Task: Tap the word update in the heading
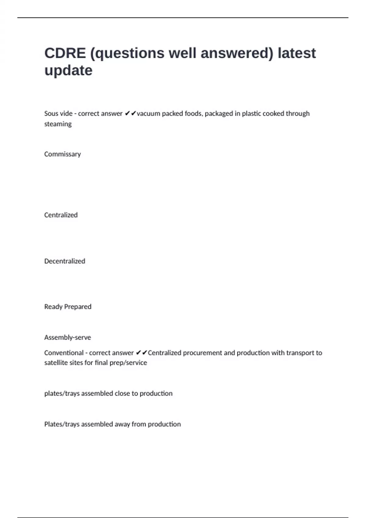pyautogui.click(x=68, y=70)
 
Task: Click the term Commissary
pyautogui.click(x=63, y=154)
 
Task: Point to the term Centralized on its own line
pyautogui.click(x=61, y=215)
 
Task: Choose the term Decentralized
pyautogui.click(x=65, y=261)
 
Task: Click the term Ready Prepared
pyautogui.click(x=68, y=307)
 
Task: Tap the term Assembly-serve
pyautogui.click(x=67, y=338)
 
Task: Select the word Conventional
pyautogui.click(x=64, y=353)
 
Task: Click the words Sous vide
pyautogui.click(x=58, y=114)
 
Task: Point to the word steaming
pyautogui.click(x=58, y=124)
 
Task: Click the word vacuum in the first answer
pyautogui.click(x=149, y=114)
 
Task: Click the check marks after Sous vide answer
pyautogui.click(x=130, y=114)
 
